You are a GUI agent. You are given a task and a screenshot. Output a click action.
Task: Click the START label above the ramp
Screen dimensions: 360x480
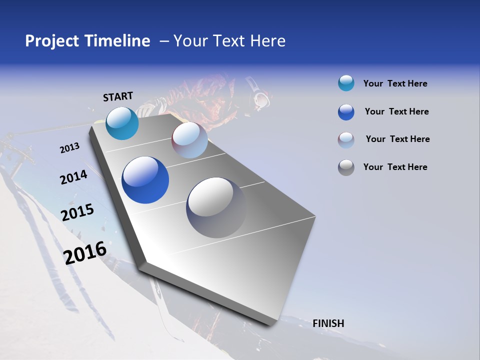pyautogui.click(x=118, y=96)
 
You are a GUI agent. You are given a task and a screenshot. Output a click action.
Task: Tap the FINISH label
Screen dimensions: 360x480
pyautogui.click(x=328, y=323)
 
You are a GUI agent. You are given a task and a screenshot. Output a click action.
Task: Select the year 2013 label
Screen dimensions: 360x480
pyautogui.click(x=69, y=148)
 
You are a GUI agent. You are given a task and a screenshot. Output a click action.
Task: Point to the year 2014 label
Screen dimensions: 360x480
pyautogui.click(x=73, y=177)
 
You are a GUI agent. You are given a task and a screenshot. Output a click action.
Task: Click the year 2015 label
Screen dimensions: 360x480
pyautogui.click(x=77, y=212)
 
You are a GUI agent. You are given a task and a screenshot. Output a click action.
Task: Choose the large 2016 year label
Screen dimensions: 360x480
pyautogui.click(x=85, y=252)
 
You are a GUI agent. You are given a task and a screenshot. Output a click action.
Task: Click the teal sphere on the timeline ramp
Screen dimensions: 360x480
pyautogui.click(x=122, y=123)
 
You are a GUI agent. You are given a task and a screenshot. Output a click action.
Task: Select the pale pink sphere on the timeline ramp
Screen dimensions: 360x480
pyautogui.click(x=189, y=140)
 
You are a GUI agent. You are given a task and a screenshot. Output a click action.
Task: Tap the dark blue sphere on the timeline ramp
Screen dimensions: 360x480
pyautogui.click(x=145, y=180)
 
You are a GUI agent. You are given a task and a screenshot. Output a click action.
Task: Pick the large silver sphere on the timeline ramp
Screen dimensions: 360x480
pyautogui.click(x=216, y=207)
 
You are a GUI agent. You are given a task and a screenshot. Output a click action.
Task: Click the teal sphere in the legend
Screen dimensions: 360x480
pyautogui.click(x=346, y=83)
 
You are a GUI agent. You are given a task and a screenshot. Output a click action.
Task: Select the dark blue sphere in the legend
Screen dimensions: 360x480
pyautogui.click(x=346, y=112)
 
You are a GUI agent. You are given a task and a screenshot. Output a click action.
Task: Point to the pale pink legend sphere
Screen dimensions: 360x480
pyautogui.click(x=346, y=139)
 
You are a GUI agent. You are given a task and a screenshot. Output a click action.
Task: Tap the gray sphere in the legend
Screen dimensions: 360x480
pyautogui.click(x=346, y=167)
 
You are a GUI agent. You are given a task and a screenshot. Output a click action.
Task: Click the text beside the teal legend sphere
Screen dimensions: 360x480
pyautogui.click(x=395, y=84)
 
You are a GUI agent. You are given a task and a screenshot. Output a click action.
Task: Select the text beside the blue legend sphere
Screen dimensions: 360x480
pyautogui.click(x=396, y=111)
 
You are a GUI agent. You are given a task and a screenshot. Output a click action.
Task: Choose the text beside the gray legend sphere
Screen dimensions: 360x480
pyautogui.click(x=395, y=167)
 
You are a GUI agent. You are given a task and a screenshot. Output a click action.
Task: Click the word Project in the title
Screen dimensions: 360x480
pyautogui.click(x=52, y=41)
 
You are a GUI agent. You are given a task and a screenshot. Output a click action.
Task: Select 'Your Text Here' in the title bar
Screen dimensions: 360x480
pyautogui.click(x=229, y=41)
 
